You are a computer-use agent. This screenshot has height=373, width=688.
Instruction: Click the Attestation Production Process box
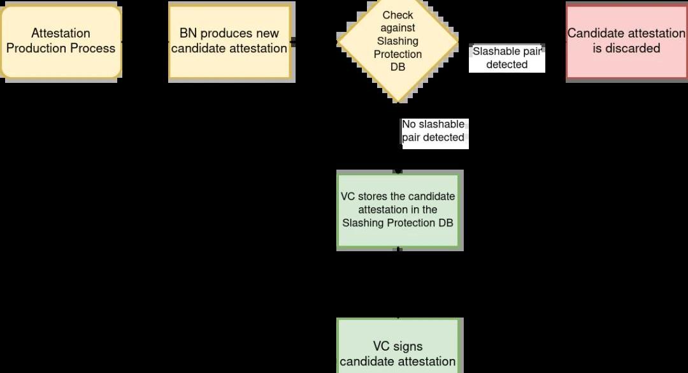coord(61,41)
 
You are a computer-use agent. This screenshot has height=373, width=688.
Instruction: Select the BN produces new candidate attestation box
coord(229,41)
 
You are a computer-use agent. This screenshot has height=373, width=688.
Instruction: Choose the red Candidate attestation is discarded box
coord(626,41)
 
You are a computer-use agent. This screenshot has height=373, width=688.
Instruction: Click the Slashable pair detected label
coord(507,58)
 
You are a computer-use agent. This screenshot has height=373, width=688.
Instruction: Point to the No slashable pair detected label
coord(434,131)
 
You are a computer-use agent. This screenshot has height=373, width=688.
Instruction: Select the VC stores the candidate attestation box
coord(398,210)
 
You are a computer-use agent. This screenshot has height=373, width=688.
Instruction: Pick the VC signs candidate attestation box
coord(398,354)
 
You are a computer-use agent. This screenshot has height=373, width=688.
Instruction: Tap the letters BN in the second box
coord(188,34)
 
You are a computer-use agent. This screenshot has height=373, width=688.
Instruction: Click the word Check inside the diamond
coord(398,15)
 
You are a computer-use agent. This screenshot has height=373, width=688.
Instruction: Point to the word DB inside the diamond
coord(398,68)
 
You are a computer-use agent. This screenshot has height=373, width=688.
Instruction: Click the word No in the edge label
coord(409,124)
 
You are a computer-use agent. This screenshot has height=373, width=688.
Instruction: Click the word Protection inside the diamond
coord(398,54)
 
